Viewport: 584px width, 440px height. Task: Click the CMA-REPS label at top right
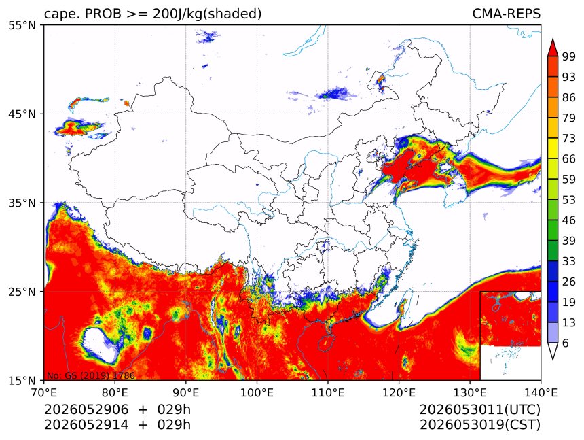click(506, 14)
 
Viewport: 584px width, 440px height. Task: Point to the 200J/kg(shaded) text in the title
click(207, 14)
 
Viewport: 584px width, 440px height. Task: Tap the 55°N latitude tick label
click(22, 25)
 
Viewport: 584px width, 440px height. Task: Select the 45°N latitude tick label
click(22, 114)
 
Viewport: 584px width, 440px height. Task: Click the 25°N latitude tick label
click(22, 291)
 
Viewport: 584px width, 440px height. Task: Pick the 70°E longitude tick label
click(44, 392)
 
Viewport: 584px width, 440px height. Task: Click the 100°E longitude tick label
click(257, 392)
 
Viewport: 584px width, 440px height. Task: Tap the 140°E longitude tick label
click(541, 392)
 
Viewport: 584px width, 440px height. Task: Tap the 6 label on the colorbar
click(566, 343)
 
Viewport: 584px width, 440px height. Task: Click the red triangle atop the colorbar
click(553, 48)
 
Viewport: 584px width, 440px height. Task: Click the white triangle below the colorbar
click(553, 351)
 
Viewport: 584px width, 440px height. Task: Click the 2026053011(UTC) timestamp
click(479, 409)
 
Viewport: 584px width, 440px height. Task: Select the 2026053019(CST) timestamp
click(479, 425)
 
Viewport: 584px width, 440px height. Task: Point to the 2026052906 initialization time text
click(86, 409)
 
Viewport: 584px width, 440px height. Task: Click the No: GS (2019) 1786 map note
click(91, 375)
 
